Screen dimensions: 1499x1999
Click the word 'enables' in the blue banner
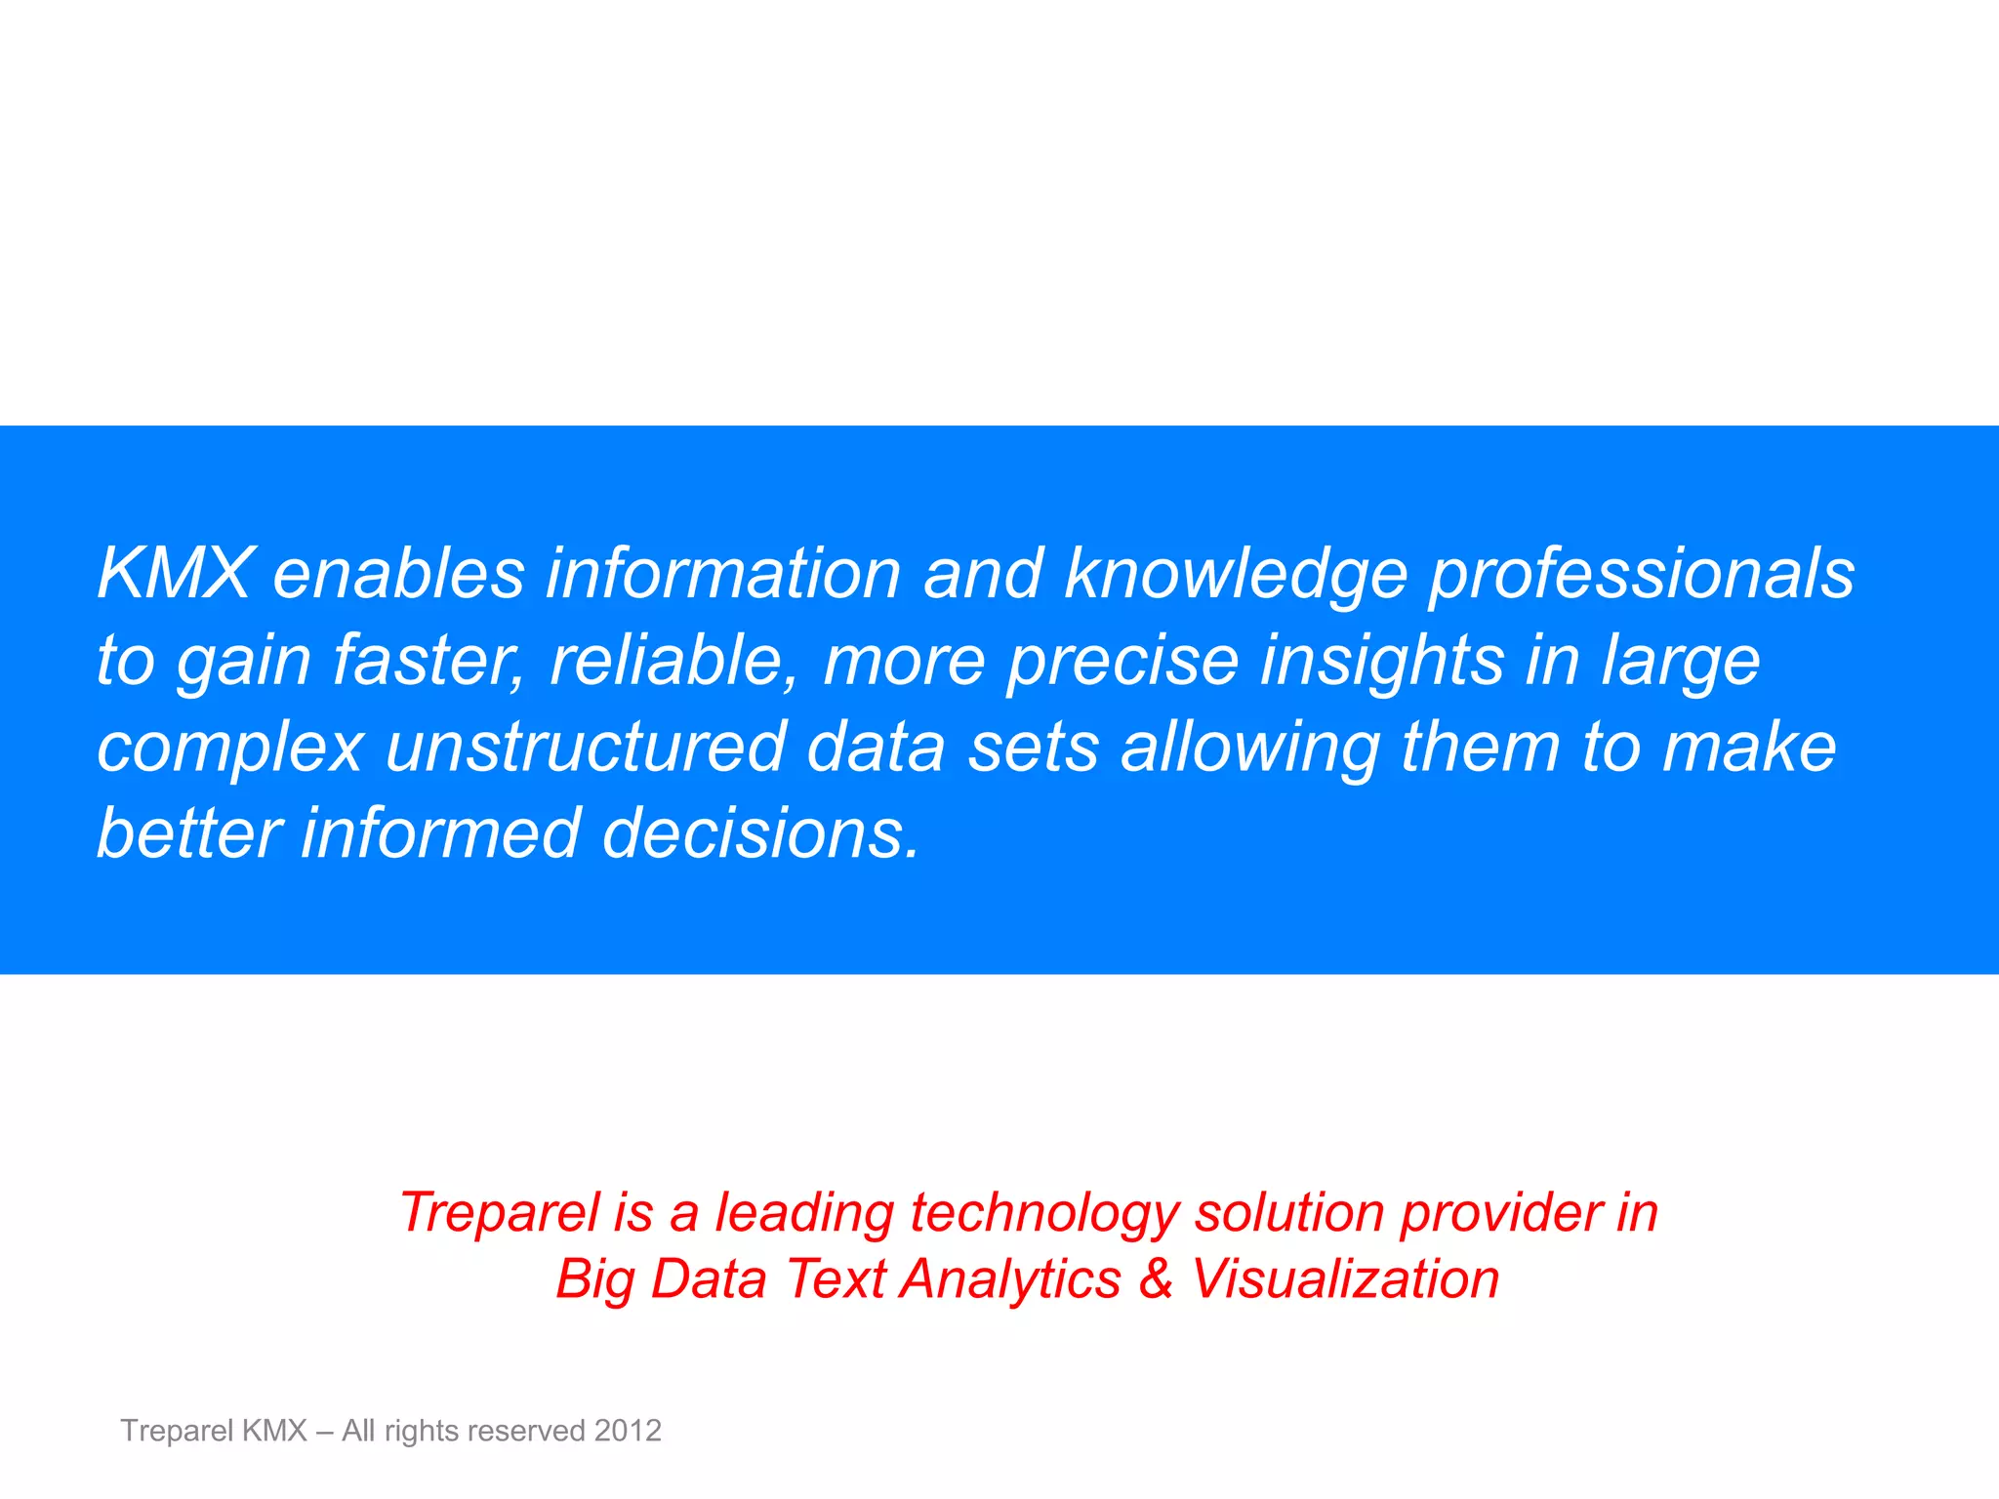[398, 573]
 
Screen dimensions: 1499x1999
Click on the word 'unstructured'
[586, 748]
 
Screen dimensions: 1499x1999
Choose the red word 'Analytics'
[1011, 1280]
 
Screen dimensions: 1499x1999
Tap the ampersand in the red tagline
[1156, 1278]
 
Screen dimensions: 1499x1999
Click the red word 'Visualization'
[1345, 1278]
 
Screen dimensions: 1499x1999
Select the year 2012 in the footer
[628, 1431]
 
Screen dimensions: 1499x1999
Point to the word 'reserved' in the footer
[526, 1431]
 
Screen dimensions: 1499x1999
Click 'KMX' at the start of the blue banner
[175, 573]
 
